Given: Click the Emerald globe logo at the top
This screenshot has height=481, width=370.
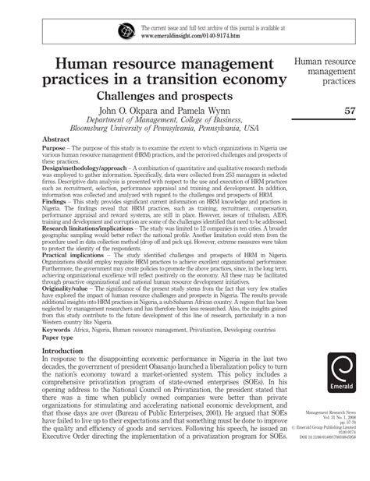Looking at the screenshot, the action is tap(126, 30).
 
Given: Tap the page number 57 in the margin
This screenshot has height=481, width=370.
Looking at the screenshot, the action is tap(350, 111).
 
